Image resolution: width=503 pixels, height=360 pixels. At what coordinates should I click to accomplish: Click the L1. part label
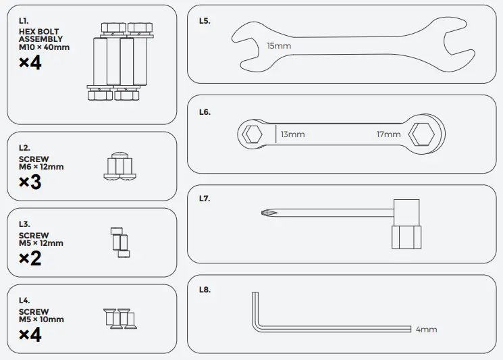pyautogui.click(x=24, y=22)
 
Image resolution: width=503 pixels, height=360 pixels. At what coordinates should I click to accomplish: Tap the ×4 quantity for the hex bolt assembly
pyautogui.click(x=30, y=63)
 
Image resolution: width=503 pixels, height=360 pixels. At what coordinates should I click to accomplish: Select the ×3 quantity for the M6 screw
pyautogui.click(x=30, y=182)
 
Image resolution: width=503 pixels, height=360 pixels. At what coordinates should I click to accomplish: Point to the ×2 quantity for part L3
pyautogui.click(x=30, y=258)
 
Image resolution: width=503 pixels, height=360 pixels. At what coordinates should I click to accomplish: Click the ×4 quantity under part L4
pyautogui.click(x=30, y=334)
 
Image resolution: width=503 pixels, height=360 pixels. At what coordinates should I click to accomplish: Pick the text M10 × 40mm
pyautogui.click(x=44, y=47)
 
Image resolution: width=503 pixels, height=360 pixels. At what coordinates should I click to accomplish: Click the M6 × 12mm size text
pyautogui.click(x=41, y=167)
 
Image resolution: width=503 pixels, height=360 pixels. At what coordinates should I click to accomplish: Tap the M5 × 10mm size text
pyautogui.click(x=41, y=319)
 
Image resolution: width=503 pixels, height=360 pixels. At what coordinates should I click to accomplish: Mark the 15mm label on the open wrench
pyautogui.click(x=279, y=46)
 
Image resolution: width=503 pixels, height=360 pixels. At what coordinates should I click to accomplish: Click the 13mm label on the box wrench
pyautogui.click(x=292, y=134)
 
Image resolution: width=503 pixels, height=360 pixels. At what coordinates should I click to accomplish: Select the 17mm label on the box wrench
pyautogui.click(x=388, y=134)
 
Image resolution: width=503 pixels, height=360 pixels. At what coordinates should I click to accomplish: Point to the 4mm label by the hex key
pyautogui.click(x=426, y=330)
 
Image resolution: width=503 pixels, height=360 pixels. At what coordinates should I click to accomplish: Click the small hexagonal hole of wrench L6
pyautogui.click(x=253, y=134)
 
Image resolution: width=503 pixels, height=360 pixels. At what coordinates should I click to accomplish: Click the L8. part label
pyautogui.click(x=205, y=290)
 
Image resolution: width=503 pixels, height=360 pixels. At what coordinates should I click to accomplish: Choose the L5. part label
pyautogui.click(x=205, y=21)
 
